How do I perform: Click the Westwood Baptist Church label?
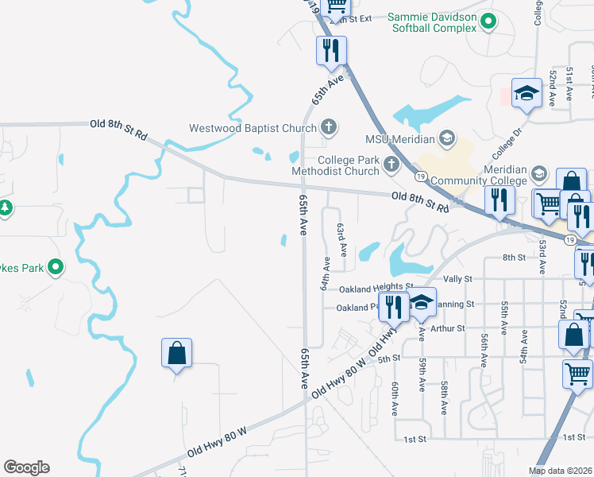click(253, 127)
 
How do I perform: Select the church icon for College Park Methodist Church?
click(390, 165)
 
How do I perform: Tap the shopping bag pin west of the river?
click(176, 354)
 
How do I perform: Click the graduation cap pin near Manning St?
click(422, 301)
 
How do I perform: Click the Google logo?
click(26, 467)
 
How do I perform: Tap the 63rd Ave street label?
click(342, 238)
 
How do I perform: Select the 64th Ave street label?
click(325, 273)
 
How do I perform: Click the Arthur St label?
click(450, 328)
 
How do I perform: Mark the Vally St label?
click(457, 279)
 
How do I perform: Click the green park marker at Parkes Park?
click(55, 267)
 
